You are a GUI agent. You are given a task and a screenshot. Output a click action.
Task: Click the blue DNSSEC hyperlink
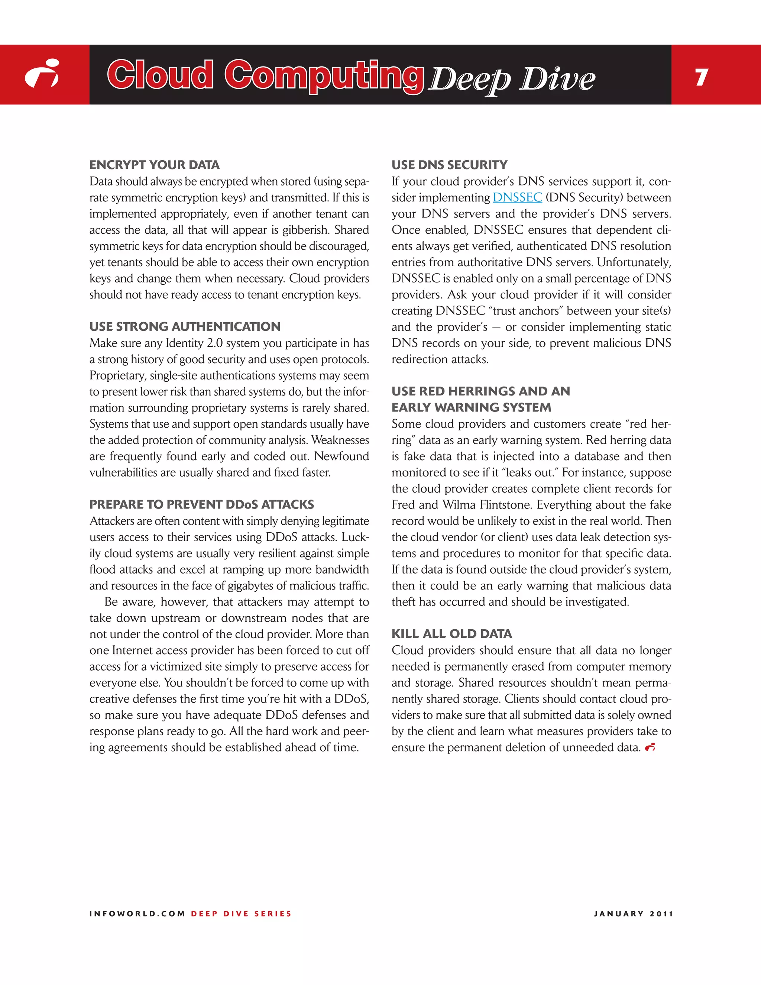(517, 197)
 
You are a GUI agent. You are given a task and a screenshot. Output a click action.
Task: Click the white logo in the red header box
(42, 74)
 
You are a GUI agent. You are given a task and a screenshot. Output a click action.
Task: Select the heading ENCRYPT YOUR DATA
(154, 165)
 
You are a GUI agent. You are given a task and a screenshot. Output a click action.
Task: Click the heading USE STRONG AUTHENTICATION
(185, 326)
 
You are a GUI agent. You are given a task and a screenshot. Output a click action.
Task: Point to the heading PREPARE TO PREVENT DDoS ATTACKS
(201, 504)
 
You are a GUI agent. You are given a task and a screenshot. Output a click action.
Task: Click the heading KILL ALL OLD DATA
(451, 634)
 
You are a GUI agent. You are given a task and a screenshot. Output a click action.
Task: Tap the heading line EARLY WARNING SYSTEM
(471, 407)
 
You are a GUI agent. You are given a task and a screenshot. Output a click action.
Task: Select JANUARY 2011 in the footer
(633, 914)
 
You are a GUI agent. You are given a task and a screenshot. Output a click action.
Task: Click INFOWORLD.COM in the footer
(137, 914)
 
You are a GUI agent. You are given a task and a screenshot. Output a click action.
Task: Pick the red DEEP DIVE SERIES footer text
(241, 914)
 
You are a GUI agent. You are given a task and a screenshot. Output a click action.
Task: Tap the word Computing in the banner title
(324, 75)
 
